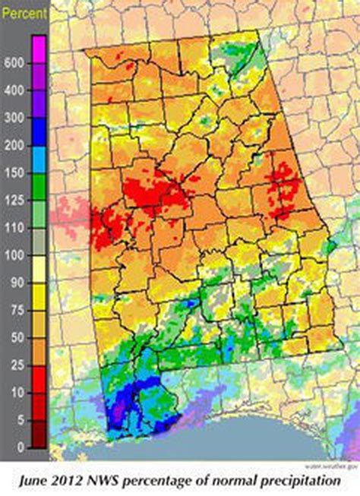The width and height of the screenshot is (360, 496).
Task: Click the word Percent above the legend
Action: pos(25,13)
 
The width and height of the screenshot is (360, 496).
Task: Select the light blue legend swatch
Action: pos(39,159)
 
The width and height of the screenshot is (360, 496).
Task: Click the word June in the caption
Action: pos(37,480)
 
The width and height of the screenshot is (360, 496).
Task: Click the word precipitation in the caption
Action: pos(290,481)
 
